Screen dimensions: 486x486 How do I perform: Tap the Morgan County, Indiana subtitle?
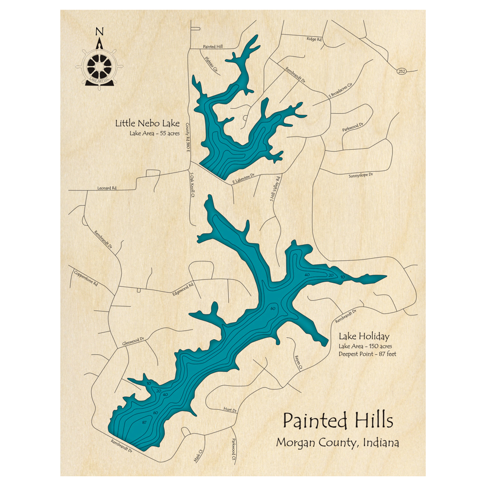pos(337,443)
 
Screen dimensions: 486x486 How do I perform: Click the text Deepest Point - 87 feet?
pos(367,354)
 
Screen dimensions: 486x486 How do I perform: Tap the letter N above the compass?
pos(100,33)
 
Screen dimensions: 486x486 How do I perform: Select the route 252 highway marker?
pos(401,71)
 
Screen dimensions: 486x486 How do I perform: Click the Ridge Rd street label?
pos(314,39)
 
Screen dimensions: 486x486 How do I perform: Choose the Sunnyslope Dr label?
pos(360,175)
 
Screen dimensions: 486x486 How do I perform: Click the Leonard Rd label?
pos(107,188)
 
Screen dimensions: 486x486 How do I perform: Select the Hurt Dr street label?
pos(230,410)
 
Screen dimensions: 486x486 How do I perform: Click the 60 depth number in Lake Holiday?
pos(273,309)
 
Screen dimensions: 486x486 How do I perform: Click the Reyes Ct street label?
pos(298,361)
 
